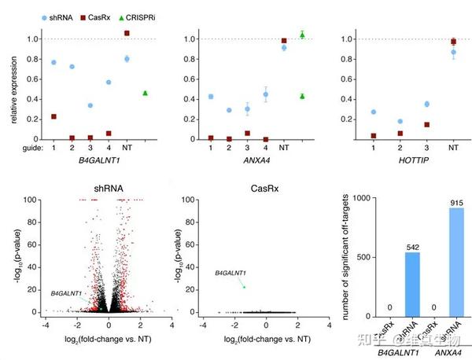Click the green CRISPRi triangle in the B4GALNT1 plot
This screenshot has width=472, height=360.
coord(146,93)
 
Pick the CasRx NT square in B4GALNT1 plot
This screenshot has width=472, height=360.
coord(127,33)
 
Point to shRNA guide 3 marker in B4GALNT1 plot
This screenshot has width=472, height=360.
coord(90,105)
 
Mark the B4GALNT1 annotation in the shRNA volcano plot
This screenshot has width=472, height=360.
coord(68,293)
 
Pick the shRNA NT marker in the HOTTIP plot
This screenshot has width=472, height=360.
coord(453,52)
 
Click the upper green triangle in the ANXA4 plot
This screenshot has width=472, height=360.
coord(302,35)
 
